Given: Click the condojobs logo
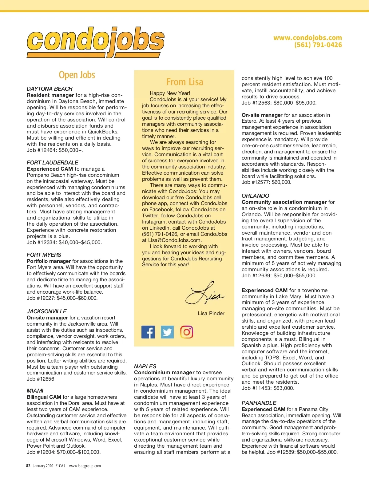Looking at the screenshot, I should point(95,42).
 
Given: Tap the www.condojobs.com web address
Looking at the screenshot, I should point(307,38).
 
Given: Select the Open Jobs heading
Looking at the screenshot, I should point(77,75).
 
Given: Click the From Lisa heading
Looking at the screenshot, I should point(184,82).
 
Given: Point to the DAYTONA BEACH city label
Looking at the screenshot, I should point(50,89).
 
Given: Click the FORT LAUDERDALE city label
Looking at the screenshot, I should point(52,163).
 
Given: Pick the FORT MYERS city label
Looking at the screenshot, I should point(44,255).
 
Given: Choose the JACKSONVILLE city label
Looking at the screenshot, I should point(46,311).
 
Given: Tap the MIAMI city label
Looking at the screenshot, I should point(35,391).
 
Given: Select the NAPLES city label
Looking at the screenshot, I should point(145,366).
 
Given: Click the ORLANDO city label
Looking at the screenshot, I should point(255,196).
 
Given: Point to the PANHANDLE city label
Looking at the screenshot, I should point(259,403).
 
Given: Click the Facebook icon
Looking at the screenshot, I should point(148,332).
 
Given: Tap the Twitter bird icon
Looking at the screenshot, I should point(167,332).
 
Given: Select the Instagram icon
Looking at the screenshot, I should point(187,332).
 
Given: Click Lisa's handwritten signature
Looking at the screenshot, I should point(204,293).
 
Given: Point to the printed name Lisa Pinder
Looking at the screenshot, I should point(211,314).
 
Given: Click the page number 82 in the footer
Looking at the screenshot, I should point(28,466).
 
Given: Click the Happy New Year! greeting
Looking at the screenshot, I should point(170,93).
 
